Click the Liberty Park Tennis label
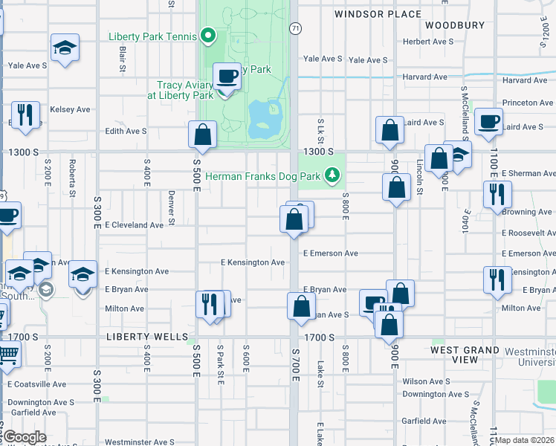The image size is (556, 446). click(x=152, y=36)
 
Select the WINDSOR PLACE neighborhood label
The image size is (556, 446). click(x=378, y=14)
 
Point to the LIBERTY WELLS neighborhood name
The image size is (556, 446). click(x=147, y=337)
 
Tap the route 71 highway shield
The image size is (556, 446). click(x=295, y=28)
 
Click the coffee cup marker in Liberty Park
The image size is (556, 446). click(x=227, y=77)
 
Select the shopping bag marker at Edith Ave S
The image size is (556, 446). click(x=202, y=135)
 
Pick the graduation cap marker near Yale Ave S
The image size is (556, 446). click(x=65, y=48)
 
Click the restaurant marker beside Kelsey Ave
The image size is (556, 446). click(x=25, y=115)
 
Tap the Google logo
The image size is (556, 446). click(x=25, y=437)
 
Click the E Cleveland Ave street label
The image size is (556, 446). click(x=134, y=224)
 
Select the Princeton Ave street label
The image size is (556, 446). click(x=528, y=103)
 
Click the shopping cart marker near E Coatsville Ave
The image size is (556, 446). click(x=7, y=355)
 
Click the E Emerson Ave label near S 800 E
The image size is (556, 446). click(x=330, y=253)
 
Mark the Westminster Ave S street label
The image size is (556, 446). click(x=139, y=442)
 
